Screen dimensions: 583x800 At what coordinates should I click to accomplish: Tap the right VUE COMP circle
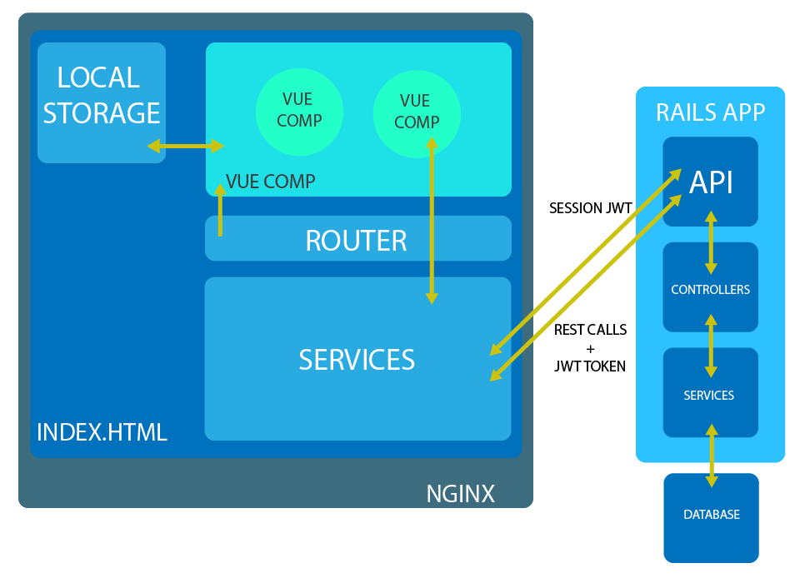point(416,112)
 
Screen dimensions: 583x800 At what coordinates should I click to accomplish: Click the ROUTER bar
point(357,240)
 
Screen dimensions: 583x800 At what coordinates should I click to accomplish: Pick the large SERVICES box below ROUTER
point(357,359)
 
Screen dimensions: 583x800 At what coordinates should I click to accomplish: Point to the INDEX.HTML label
point(102,432)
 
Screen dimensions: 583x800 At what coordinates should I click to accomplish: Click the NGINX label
point(460,494)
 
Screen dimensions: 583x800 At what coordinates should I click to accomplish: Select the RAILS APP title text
point(710,113)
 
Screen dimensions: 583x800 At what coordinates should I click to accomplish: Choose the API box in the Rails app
point(711,182)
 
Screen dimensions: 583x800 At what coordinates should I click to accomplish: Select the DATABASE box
point(712,516)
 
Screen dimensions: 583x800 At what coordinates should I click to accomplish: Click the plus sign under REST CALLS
point(591,347)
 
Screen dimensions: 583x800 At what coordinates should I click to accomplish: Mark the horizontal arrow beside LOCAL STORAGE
point(185,147)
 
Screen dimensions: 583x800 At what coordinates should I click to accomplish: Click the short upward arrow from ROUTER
point(220,210)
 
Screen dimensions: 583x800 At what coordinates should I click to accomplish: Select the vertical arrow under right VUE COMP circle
point(432,221)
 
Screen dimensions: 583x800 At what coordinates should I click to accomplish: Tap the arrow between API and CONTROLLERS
point(711,242)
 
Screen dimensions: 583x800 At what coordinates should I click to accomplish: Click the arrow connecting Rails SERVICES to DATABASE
point(712,455)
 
